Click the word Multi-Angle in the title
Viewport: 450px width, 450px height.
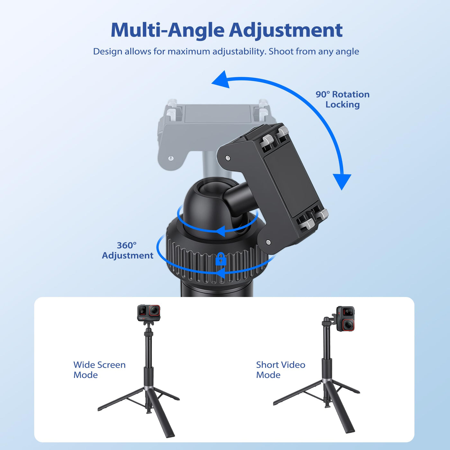point(167,30)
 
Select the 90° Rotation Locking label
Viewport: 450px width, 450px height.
point(343,99)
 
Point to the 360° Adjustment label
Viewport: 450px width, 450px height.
point(128,250)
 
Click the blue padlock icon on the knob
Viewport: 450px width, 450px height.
point(221,259)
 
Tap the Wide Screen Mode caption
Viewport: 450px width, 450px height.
point(99,370)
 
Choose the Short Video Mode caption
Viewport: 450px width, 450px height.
point(281,370)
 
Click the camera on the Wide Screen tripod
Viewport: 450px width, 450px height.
point(149,313)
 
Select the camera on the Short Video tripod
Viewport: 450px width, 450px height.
point(346,319)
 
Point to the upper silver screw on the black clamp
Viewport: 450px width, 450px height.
point(228,158)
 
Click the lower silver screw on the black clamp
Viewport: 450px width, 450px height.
point(268,242)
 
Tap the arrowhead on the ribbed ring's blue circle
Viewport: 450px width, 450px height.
point(221,273)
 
